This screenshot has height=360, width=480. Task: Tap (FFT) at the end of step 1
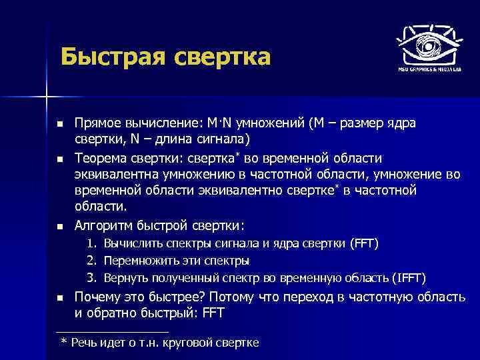click(x=363, y=244)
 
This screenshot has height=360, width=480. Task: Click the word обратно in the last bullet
click(x=113, y=312)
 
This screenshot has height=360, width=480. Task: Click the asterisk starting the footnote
click(x=63, y=342)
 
